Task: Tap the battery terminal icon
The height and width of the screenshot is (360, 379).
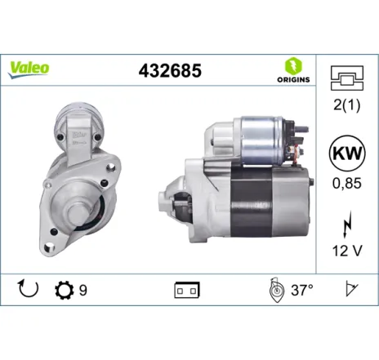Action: coord(187,290)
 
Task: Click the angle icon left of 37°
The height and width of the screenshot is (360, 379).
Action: coord(274,289)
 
